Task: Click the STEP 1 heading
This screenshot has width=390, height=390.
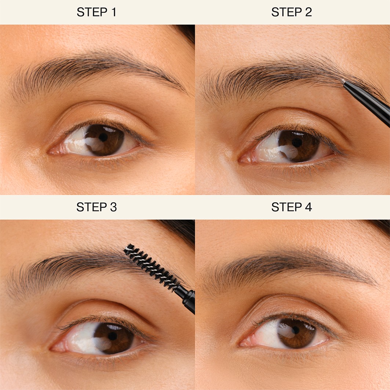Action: pyautogui.click(x=96, y=12)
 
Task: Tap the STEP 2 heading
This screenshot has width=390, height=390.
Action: pyautogui.click(x=292, y=12)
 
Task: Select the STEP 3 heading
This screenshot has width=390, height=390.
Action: pyautogui.click(x=96, y=207)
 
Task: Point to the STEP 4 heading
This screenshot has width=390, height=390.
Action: pyautogui.click(x=292, y=207)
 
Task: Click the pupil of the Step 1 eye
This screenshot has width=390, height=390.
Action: pyautogui.click(x=103, y=137)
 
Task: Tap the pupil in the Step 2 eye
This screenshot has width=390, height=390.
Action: pyautogui.click(x=297, y=143)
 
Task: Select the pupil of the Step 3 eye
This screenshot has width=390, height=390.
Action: pyautogui.click(x=112, y=336)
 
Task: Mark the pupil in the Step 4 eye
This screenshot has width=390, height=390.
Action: pyautogui.click(x=296, y=330)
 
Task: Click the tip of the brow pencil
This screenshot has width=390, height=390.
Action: pyautogui.click(x=343, y=81)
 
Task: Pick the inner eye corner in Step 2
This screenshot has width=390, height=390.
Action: pyautogui.click(x=240, y=160)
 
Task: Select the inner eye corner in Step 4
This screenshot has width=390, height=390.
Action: pyautogui.click(x=241, y=344)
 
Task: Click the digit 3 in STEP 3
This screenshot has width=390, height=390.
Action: pyautogui.click(x=113, y=207)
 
